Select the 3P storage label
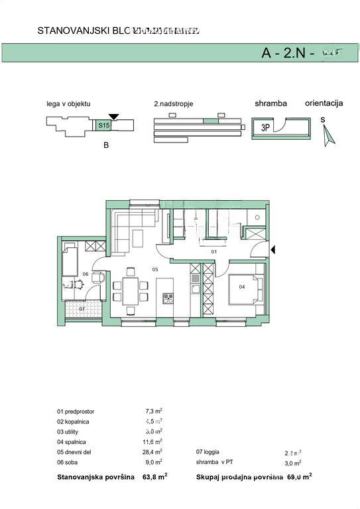tap(264, 129)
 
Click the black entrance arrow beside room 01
tap(275, 249)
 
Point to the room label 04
tap(242, 286)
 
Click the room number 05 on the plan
tap(154, 270)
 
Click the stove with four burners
tap(168, 298)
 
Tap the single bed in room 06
tap(70, 258)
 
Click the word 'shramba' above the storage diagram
tap(270, 104)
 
